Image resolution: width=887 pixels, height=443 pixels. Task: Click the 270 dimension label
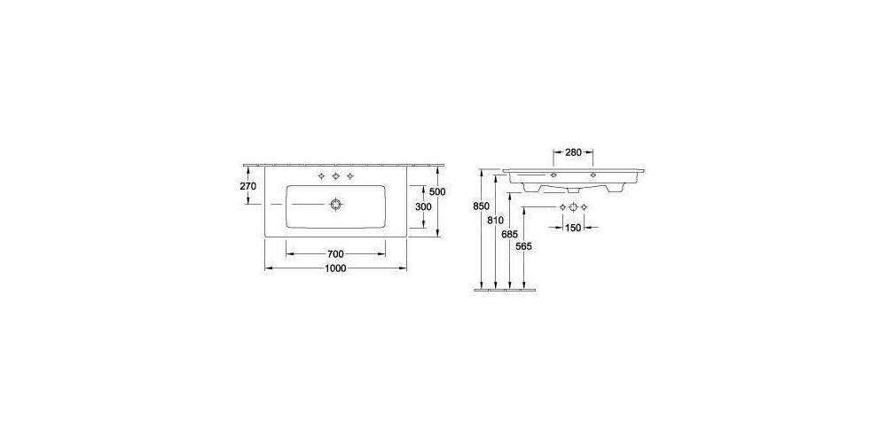pos(247,187)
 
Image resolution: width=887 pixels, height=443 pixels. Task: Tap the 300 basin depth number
pos(425,206)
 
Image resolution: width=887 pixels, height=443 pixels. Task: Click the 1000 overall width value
pos(335,268)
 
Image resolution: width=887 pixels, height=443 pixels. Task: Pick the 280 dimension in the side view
pos(572,152)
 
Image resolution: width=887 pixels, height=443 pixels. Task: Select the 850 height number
pos(481,206)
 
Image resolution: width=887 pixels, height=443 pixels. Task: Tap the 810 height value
pos(495,220)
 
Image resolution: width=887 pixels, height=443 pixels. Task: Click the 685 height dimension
pos(509,234)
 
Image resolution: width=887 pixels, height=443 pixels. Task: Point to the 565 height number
pos(523,247)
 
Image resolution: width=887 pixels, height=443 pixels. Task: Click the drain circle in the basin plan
pos(335,205)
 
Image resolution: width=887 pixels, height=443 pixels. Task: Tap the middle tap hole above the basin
pos(335,178)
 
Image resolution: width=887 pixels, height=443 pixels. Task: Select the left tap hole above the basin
pos(321,178)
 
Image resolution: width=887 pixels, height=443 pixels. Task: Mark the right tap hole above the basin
pos(350,178)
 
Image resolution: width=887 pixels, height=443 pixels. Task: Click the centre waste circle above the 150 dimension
pos(573,207)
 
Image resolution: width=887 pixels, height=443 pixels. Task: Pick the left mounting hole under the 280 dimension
pos(553,176)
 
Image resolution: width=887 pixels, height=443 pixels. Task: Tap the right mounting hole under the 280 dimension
pos(592,176)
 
